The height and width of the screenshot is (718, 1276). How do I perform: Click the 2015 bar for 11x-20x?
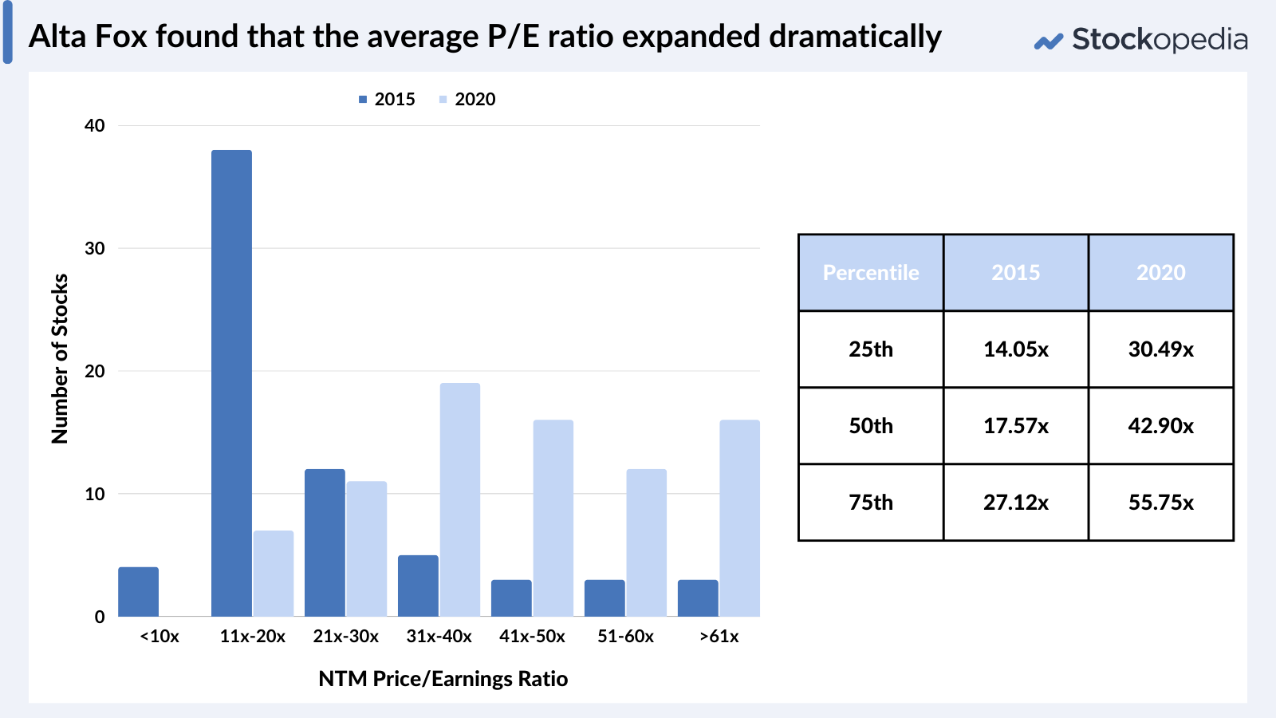(x=231, y=383)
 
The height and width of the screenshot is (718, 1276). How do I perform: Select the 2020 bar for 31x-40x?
(x=460, y=499)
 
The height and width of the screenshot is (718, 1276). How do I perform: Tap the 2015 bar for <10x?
(x=139, y=592)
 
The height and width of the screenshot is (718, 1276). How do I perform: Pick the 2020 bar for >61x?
(x=739, y=518)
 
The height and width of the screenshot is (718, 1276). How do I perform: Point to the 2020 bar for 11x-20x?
(x=274, y=574)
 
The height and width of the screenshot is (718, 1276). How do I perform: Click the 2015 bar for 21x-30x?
(x=325, y=542)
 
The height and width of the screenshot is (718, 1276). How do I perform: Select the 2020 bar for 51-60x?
(x=646, y=542)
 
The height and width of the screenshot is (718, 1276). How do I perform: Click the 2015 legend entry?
(x=387, y=99)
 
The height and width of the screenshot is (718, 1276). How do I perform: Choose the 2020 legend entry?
(x=467, y=99)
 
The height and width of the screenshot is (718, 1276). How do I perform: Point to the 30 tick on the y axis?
(x=95, y=248)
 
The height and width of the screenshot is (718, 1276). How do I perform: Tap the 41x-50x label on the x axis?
(x=532, y=637)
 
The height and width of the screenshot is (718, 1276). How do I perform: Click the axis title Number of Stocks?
(x=60, y=359)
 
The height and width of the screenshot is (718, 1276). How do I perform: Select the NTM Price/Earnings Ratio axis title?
(x=443, y=679)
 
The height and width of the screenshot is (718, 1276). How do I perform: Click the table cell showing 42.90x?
(x=1160, y=426)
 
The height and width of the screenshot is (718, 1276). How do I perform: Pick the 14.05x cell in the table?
(x=1015, y=349)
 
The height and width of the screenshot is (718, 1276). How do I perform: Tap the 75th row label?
(x=871, y=503)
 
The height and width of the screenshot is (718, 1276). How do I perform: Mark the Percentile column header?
(x=871, y=273)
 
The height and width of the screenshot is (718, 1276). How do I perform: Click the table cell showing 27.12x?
(x=1015, y=503)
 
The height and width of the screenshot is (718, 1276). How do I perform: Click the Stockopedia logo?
(x=1140, y=39)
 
